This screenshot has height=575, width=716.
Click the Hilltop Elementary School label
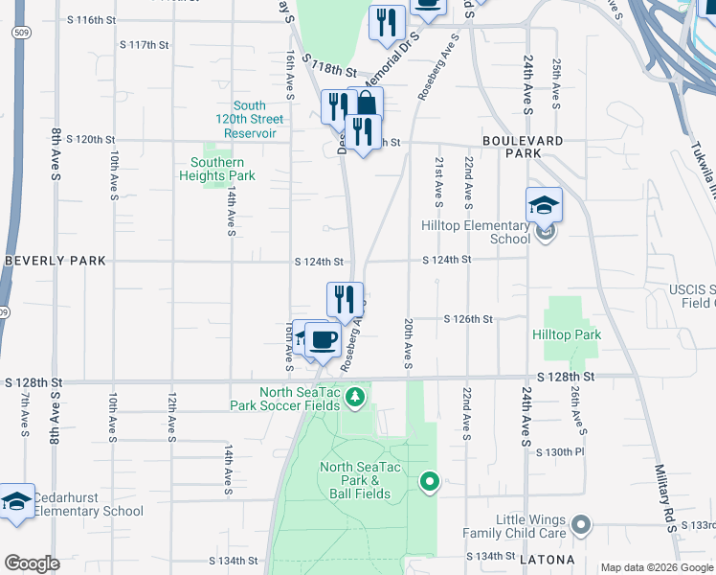click(476, 232)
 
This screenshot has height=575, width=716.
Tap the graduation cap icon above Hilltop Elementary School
click(544, 203)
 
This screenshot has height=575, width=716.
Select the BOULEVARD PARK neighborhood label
click(523, 147)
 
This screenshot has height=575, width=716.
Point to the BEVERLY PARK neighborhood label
click(56, 261)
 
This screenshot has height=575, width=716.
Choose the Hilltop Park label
click(567, 334)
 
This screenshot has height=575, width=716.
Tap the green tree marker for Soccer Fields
click(355, 397)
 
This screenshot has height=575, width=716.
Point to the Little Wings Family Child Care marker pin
click(580, 524)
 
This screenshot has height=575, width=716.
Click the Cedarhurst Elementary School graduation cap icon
click(16, 501)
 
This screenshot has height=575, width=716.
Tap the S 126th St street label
click(468, 319)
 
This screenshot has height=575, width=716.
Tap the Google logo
click(32, 563)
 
